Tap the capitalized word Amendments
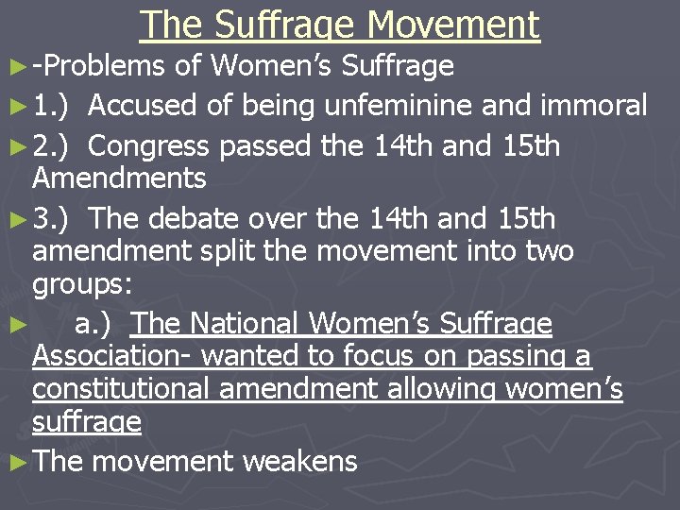tap(119, 178)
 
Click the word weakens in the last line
tap(300, 462)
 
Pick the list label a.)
tap(93, 324)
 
